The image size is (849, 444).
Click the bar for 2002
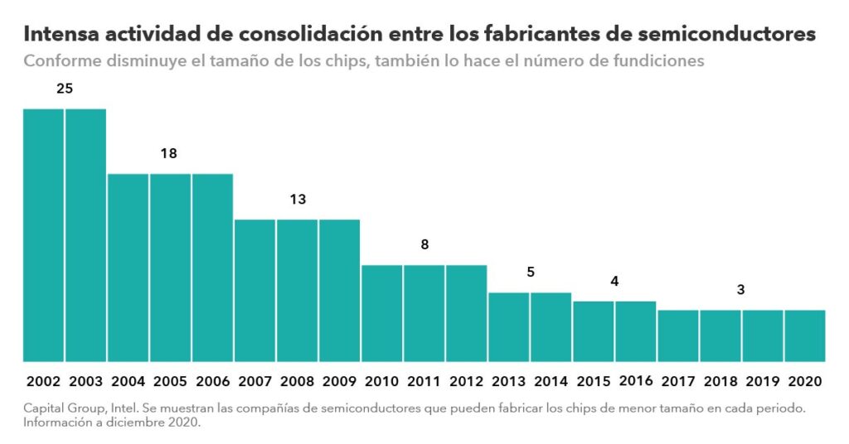click(x=43, y=235)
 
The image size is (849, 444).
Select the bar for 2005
click(x=170, y=268)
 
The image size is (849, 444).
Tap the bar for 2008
click(x=297, y=290)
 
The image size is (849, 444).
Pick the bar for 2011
click(x=424, y=313)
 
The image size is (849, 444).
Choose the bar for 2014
click(x=551, y=327)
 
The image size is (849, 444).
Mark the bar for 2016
click(x=635, y=331)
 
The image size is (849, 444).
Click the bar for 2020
click(x=804, y=335)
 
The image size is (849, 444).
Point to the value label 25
click(x=65, y=88)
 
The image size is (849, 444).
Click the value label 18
click(x=169, y=153)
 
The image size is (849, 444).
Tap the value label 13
click(x=298, y=199)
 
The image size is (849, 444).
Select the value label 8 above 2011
click(x=424, y=244)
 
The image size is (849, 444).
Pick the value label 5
click(x=531, y=272)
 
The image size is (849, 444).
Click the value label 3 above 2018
click(x=740, y=290)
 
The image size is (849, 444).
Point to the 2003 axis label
click(x=85, y=382)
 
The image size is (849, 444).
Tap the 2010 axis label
click(x=381, y=382)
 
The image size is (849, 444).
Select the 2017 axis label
click(x=677, y=382)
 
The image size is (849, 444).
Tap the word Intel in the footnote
click(x=119, y=409)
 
